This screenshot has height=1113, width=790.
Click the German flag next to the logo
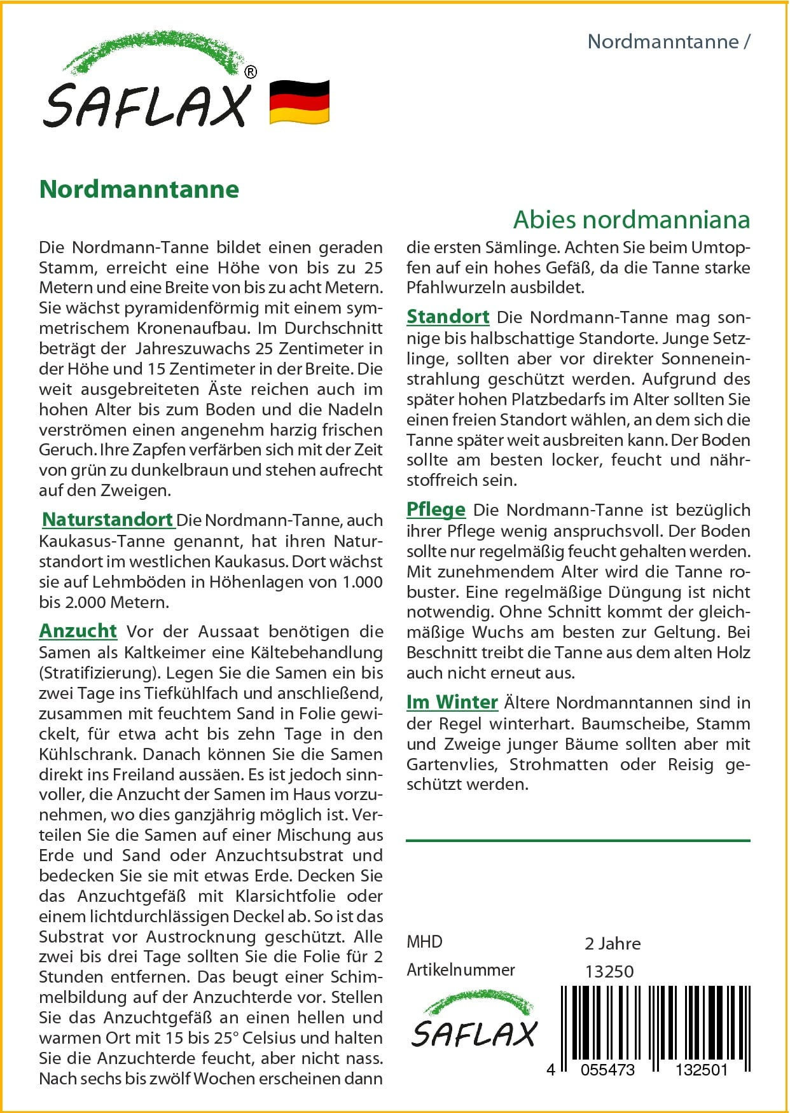(299, 102)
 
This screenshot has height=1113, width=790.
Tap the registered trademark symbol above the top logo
(251, 73)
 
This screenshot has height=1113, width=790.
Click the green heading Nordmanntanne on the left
(139, 190)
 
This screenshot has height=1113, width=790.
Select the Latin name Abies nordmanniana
(631, 219)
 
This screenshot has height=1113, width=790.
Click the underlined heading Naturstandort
(107, 520)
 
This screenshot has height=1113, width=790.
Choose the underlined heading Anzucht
(78, 631)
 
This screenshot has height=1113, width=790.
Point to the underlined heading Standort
(448, 317)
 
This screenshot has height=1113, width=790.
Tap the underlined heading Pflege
(436, 509)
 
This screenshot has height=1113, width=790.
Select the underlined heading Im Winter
(452, 702)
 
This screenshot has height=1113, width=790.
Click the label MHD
(424, 942)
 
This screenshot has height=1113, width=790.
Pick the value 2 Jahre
(612, 944)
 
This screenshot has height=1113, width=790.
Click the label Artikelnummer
(461, 970)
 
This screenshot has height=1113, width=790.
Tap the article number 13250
(609, 972)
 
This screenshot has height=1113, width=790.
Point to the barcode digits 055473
(607, 1070)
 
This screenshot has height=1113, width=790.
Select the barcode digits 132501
(701, 1070)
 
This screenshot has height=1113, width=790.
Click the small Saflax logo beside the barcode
(475, 1020)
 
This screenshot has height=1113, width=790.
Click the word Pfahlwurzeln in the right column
(452, 287)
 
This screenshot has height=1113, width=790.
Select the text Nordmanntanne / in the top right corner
(669, 42)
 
